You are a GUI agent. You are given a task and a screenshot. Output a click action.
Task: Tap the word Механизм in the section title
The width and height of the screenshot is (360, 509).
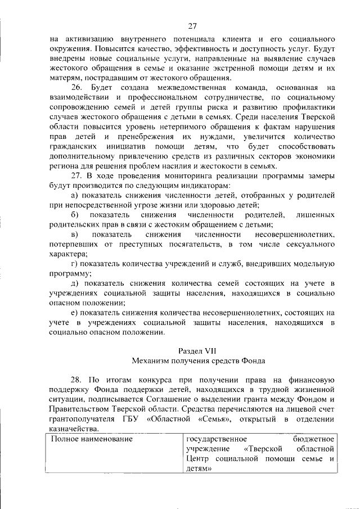pyautogui.click(x=151, y=361)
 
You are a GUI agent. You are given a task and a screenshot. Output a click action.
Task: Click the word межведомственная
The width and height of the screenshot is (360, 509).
pyautogui.click(x=191, y=88)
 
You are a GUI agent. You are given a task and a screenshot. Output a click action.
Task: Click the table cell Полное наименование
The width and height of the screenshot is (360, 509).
pyautogui.click(x=91, y=439)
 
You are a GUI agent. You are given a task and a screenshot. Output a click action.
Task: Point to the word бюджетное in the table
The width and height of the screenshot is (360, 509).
pyautogui.click(x=314, y=439)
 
